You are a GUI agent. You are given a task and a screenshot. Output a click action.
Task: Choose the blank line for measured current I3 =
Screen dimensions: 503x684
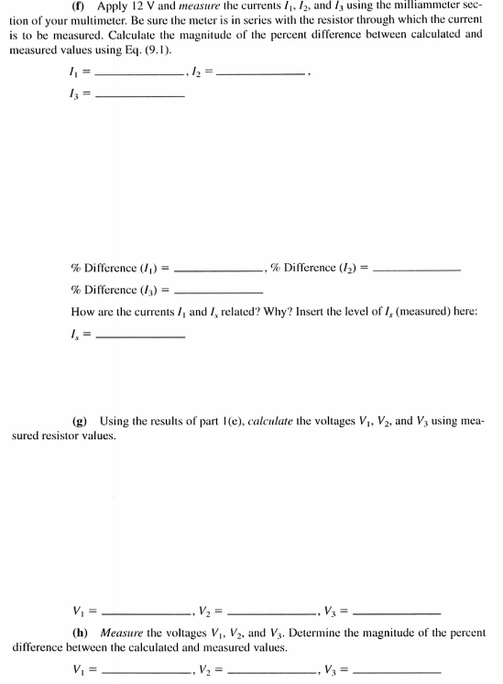coord(140,98)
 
